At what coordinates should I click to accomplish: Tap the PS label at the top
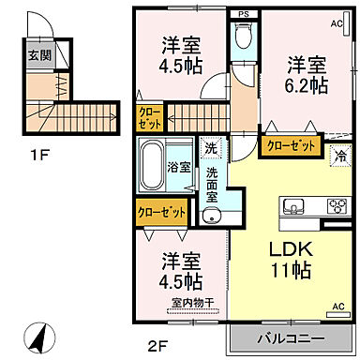[x=243, y=14]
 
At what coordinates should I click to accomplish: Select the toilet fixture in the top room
[x=243, y=37]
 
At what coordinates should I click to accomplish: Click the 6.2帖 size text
[x=307, y=84]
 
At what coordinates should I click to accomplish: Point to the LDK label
[x=292, y=251]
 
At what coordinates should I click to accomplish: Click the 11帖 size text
[x=292, y=272]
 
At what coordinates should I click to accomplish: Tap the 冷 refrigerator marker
[x=338, y=156]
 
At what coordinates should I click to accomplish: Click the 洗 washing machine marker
[x=211, y=147]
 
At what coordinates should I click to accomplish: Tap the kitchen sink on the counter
[x=291, y=206]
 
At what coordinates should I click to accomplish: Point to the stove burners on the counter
[x=335, y=206]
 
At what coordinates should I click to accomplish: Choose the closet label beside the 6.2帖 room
[x=291, y=146]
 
